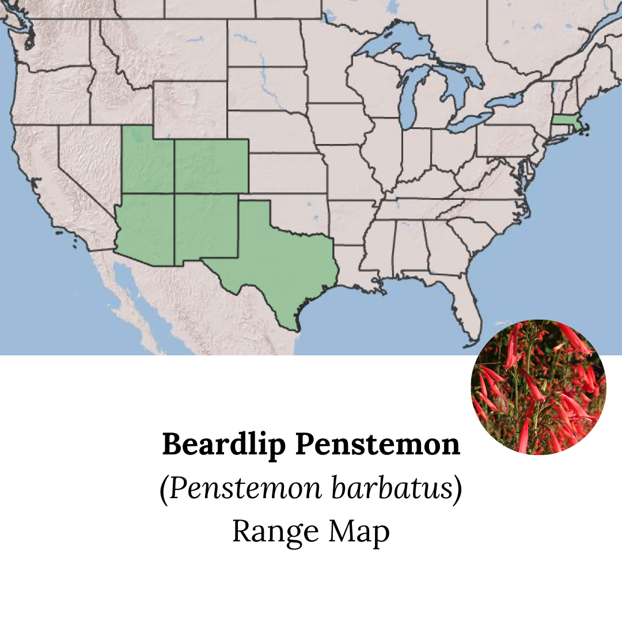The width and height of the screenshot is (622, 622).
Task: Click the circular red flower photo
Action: click(x=538, y=387)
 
